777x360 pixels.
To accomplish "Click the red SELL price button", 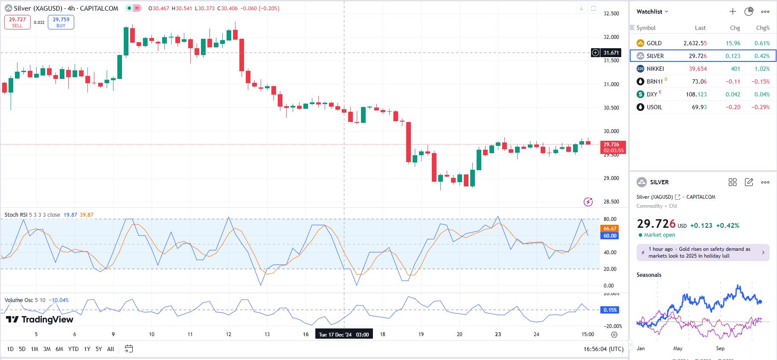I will [17, 22].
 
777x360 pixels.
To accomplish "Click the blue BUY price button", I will [61, 22].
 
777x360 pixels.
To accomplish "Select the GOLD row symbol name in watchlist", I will [654, 43].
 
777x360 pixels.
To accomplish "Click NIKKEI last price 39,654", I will [698, 69].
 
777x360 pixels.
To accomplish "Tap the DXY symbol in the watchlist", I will [652, 94].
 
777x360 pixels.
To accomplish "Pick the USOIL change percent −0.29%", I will [760, 107].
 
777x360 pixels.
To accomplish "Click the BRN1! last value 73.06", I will [699, 81].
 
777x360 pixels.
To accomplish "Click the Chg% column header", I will [762, 28].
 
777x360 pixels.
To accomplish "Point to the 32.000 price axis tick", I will [611, 37].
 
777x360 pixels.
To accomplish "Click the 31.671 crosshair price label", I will [611, 53].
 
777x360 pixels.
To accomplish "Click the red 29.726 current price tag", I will [613, 147].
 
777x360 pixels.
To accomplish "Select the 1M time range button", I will [35, 349].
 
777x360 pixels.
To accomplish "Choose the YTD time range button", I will [73, 349].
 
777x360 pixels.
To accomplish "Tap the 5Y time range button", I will [99, 349].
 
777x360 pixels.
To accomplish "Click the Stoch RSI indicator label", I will [16, 215].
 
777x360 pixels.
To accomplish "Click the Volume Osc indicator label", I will [19, 300].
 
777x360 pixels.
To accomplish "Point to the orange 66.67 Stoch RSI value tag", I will [610, 229].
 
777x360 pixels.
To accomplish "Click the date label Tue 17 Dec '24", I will [344, 334].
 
